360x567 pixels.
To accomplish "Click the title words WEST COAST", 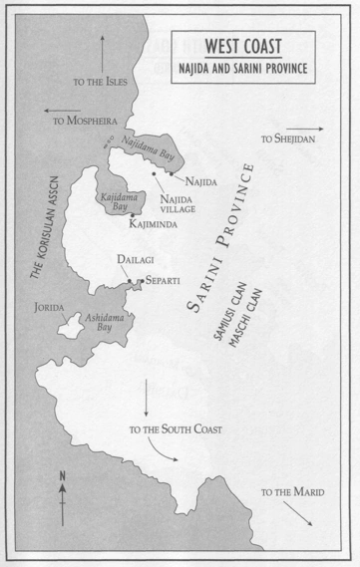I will click(x=243, y=46).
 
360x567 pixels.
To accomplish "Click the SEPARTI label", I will click(x=162, y=282).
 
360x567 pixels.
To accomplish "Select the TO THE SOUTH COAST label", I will click(x=176, y=429).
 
